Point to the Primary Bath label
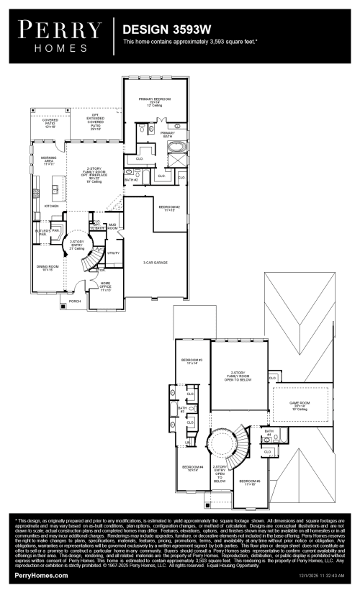168,134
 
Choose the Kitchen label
52,206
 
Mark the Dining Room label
45,267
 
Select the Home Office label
106,285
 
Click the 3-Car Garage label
155,263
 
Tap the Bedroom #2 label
169,208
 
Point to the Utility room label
113,253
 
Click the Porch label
75,302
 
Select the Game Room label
299,404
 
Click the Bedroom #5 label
249,482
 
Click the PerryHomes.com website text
42,576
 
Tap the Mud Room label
113,226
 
